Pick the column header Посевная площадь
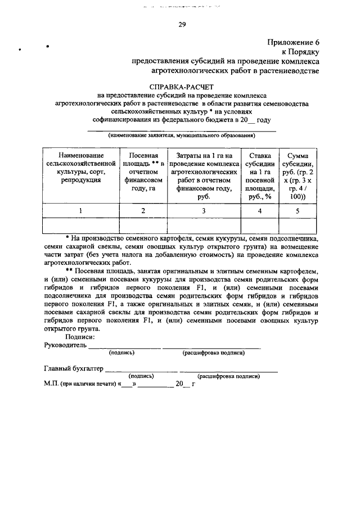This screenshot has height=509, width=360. [143, 172]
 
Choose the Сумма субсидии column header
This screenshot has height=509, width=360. [298, 175]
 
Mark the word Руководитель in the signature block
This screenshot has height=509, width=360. [65, 345]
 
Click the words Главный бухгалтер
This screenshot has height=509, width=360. [74, 369]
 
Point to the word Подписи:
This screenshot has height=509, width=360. [79, 337]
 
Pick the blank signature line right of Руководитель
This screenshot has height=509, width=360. [124, 346]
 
